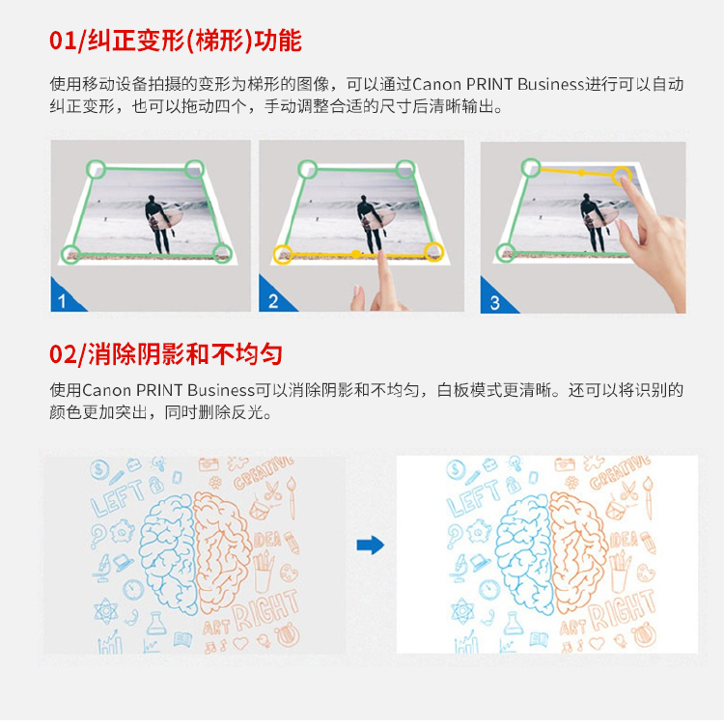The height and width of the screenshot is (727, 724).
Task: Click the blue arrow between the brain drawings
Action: [x=371, y=545]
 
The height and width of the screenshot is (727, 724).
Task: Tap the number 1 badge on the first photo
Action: [x=62, y=301]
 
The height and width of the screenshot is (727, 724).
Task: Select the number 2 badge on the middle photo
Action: [x=273, y=301]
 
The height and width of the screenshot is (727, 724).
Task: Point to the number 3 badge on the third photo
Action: [x=494, y=303]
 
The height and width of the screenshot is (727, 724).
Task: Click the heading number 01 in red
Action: [x=63, y=41]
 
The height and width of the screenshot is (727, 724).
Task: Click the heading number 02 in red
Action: [x=63, y=354]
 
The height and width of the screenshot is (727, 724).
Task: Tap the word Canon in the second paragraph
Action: [x=106, y=390]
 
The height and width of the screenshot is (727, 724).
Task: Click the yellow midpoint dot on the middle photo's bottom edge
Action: [x=355, y=254]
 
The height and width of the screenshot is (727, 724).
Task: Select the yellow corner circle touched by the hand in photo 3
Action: [x=621, y=176]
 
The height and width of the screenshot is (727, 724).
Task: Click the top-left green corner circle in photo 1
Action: [x=96, y=169]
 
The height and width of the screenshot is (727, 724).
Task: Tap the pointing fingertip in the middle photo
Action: [x=382, y=257]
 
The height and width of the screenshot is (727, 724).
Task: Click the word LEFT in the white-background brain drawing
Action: [x=474, y=497]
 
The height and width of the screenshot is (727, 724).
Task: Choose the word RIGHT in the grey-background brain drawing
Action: [x=265, y=610]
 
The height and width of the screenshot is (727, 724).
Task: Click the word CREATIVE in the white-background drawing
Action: [x=620, y=472]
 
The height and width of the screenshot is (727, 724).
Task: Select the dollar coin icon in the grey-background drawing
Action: [x=99, y=469]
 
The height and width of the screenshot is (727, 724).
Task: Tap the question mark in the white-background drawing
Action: [x=455, y=537]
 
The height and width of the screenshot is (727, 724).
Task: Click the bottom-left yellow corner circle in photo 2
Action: [x=283, y=255]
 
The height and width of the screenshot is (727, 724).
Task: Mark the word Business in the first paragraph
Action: [x=550, y=84]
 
